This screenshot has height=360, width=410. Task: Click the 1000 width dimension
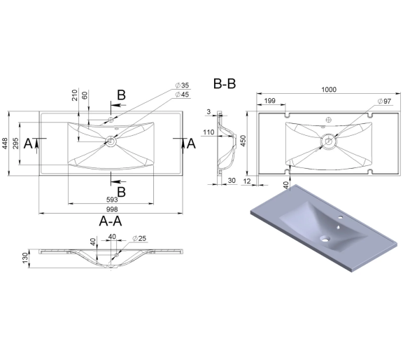pyautogui.click(x=329, y=90)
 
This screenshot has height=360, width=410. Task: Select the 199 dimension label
pyautogui.click(x=269, y=101)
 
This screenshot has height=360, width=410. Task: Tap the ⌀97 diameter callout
pyautogui.click(x=384, y=101)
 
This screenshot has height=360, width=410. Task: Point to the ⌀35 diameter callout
pyautogui.click(x=182, y=85)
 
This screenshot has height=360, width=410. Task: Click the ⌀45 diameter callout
pyautogui.click(x=182, y=95)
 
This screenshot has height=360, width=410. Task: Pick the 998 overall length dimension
pyautogui.click(x=112, y=209)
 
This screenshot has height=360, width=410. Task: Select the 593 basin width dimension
pyautogui.click(x=112, y=200)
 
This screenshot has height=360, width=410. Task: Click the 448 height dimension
pyautogui.click(x=5, y=144)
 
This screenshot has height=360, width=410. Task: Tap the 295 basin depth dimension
pyautogui.click(x=15, y=144)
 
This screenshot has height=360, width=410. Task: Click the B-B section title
pyautogui.click(x=225, y=84)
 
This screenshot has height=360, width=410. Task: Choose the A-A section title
pyautogui.click(x=111, y=221)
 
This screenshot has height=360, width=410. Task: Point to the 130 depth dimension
pyautogui.click(x=25, y=258)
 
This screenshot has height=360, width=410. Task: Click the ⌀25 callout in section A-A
pyautogui.click(x=139, y=239)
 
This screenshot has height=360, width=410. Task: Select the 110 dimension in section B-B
pyautogui.click(x=208, y=132)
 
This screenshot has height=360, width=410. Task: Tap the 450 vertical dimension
pyautogui.click(x=243, y=141)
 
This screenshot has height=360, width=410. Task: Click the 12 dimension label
pyautogui.click(x=247, y=181)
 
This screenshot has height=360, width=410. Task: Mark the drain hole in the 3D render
pyautogui.click(x=325, y=239)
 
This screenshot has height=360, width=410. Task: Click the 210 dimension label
pyautogui.click(x=75, y=95)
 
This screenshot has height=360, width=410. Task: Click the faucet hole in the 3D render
pyautogui.click(x=341, y=217)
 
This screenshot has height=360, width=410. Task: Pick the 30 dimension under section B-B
pyautogui.click(x=232, y=181)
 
